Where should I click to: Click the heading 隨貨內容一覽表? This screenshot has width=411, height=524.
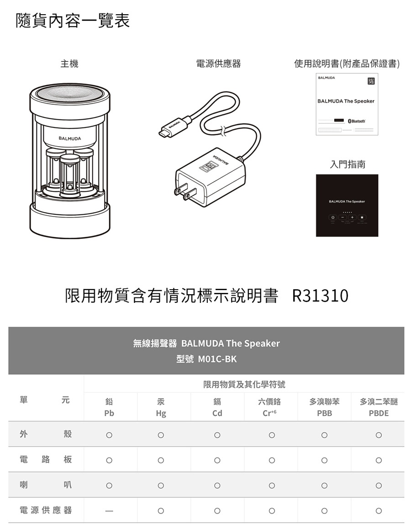coord(73,21)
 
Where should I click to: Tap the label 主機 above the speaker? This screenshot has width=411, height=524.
coord(69,64)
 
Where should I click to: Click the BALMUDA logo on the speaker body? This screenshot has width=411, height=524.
coord(69,138)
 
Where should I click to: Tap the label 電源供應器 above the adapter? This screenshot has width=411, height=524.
coord(218,64)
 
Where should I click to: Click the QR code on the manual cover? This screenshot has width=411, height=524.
coord(371,81)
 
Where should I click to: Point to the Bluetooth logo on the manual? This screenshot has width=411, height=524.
coord(357,121)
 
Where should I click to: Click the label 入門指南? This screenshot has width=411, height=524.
coord(348,164)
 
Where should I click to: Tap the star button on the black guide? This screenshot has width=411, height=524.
coord(362,217)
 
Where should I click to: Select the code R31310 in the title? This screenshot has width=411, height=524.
coord(320,296)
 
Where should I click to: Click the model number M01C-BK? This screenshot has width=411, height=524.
coord(217,359)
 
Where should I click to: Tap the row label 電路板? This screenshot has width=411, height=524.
coord(46,460)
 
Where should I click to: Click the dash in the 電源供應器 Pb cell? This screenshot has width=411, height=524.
coord(109,511)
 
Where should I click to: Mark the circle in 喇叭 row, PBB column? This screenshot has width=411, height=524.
coord(324,486)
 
